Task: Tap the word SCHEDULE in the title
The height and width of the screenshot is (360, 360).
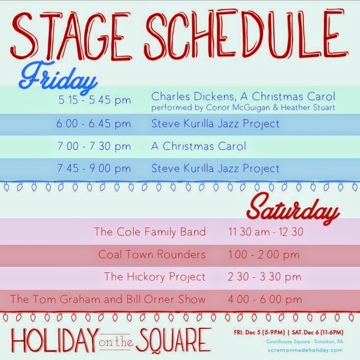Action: point(246,34)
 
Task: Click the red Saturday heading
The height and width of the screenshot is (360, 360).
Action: point(293,210)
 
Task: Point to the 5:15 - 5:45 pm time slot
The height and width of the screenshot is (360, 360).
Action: point(94,100)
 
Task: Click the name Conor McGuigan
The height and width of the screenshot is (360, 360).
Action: point(238,107)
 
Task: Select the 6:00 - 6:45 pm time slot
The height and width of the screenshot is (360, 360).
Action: point(93,124)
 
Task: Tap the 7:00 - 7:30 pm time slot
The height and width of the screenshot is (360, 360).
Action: point(94,146)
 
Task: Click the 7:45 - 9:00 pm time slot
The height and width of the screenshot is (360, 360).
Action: point(94,168)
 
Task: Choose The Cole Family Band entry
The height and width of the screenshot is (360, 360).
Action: point(150,232)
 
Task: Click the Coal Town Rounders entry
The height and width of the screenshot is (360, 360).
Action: point(152,255)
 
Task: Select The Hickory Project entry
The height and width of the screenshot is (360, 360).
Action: point(155,277)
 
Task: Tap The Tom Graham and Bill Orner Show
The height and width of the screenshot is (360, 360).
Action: point(108,299)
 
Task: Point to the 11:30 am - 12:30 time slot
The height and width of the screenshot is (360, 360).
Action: point(266,232)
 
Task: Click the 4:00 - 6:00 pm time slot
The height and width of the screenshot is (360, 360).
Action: point(265,299)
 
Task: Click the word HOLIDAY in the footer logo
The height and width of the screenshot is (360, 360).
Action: point(55,341)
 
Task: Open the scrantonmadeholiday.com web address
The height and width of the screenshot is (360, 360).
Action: point(305,351)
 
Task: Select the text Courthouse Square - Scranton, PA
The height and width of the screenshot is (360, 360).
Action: point(304,342)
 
